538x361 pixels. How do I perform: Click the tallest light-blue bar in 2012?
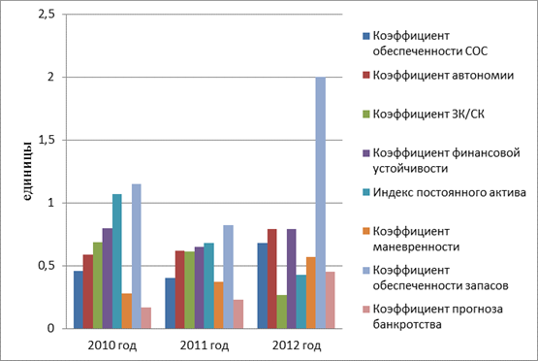tap(321, 203)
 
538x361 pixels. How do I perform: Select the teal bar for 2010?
tap(117, 261)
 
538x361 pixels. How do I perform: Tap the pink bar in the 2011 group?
tap(238, 314)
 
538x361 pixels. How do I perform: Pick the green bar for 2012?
tap(282, 312)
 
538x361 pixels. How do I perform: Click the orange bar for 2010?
tap(127, 311)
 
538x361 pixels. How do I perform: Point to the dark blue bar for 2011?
tap(171, 304)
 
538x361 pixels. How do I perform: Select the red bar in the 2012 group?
tap(272, 279)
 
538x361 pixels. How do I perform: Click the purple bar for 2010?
tap(108, 279)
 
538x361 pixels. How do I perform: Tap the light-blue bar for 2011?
tap(229, 277)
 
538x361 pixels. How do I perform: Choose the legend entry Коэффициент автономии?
tap(438, 75)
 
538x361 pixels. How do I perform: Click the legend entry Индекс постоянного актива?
tap(445, 192)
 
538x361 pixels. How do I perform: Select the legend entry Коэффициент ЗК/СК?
tap(424, 114)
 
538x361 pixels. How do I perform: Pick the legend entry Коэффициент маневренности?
tap(411, 239)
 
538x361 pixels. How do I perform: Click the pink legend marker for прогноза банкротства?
tap(366, 310)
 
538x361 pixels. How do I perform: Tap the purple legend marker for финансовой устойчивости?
tap(366, 153)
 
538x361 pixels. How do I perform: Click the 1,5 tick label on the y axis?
tap(47, 140)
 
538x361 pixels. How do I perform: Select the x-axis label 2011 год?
tap(205, 345)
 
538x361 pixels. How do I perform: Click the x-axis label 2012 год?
tap(297, 345)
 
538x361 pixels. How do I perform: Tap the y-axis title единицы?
tap(27, 171)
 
